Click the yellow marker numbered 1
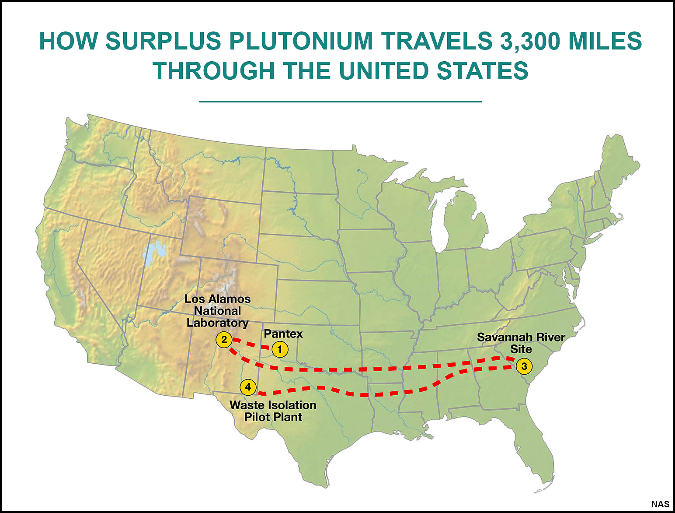click(x=280, y=350)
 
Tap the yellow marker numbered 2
click(x=224, y=340)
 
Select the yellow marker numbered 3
click(x=524, y=366)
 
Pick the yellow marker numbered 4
click(x=248, y=387)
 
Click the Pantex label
click(x=283, y=334)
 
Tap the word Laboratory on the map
click(x=217, y=323)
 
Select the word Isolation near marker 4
click(x=292, y=405)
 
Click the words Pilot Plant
click(x=273, y=417)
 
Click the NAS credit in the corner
click(x=660, y=504)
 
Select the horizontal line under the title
click(x=340, y=102)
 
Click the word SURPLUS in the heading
click(x=163, y=41)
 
